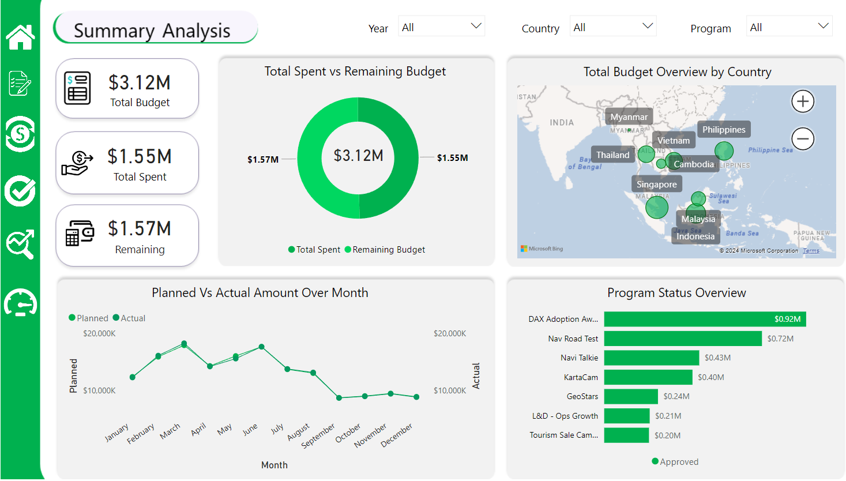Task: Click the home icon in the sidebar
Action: tap(20, 37)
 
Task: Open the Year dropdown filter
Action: tap(441, 27)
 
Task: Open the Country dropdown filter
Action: tap(613, 27)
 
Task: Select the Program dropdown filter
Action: tap(789, 27)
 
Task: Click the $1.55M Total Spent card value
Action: tap(140, 156)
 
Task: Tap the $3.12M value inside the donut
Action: tap(358, 156)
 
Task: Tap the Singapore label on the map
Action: tap(656, 185)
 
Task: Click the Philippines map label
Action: tap(723, 130)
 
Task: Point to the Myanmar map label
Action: tap(629, 117)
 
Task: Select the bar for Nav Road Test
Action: tap(682, 339)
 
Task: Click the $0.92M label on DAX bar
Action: tap(787, 319)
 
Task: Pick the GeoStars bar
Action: tap(631, 396)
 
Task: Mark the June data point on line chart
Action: tap(261, 347)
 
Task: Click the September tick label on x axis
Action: tap(318, 436)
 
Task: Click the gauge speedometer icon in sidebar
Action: tap(20, 303)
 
